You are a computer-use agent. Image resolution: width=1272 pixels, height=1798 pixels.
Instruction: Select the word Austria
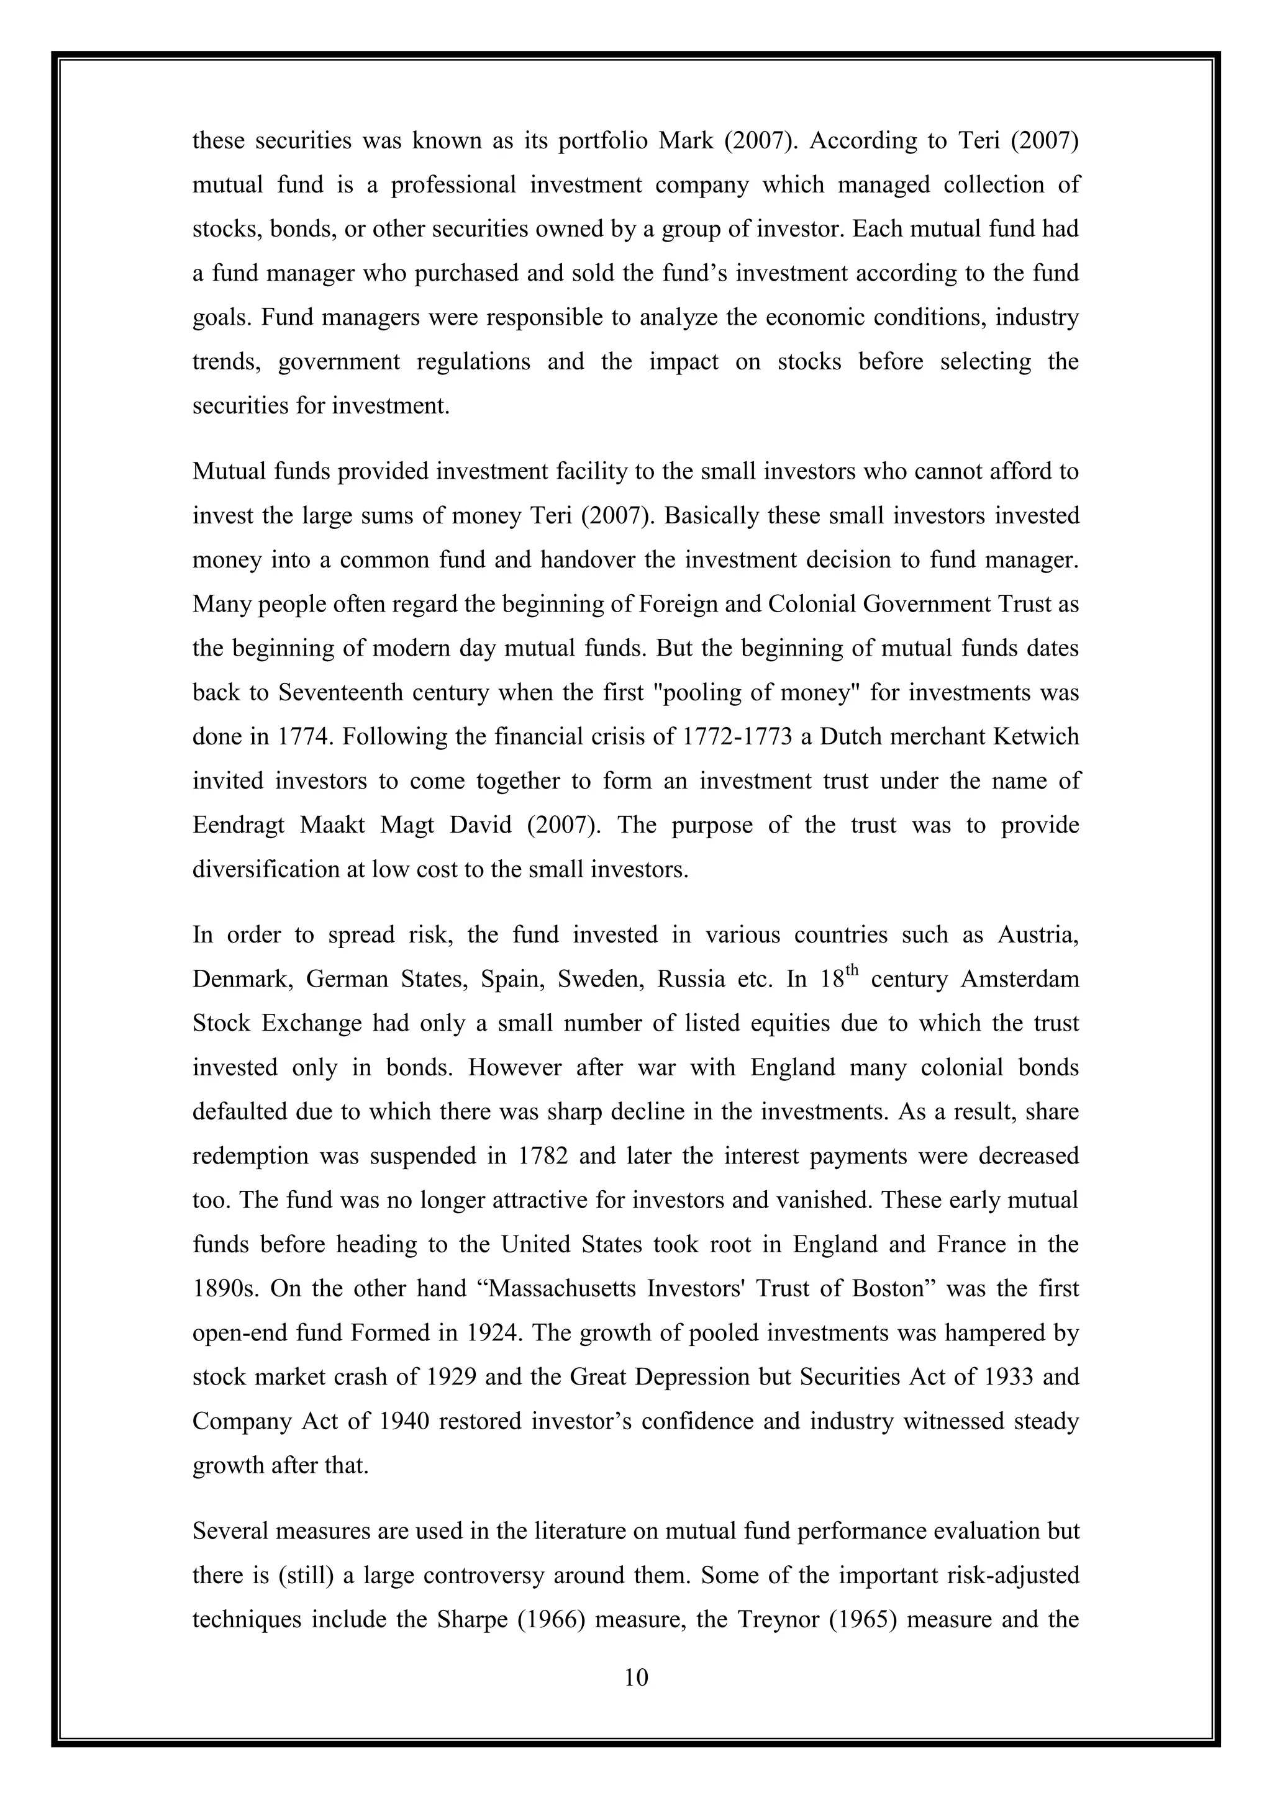tap(1038, 935)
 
